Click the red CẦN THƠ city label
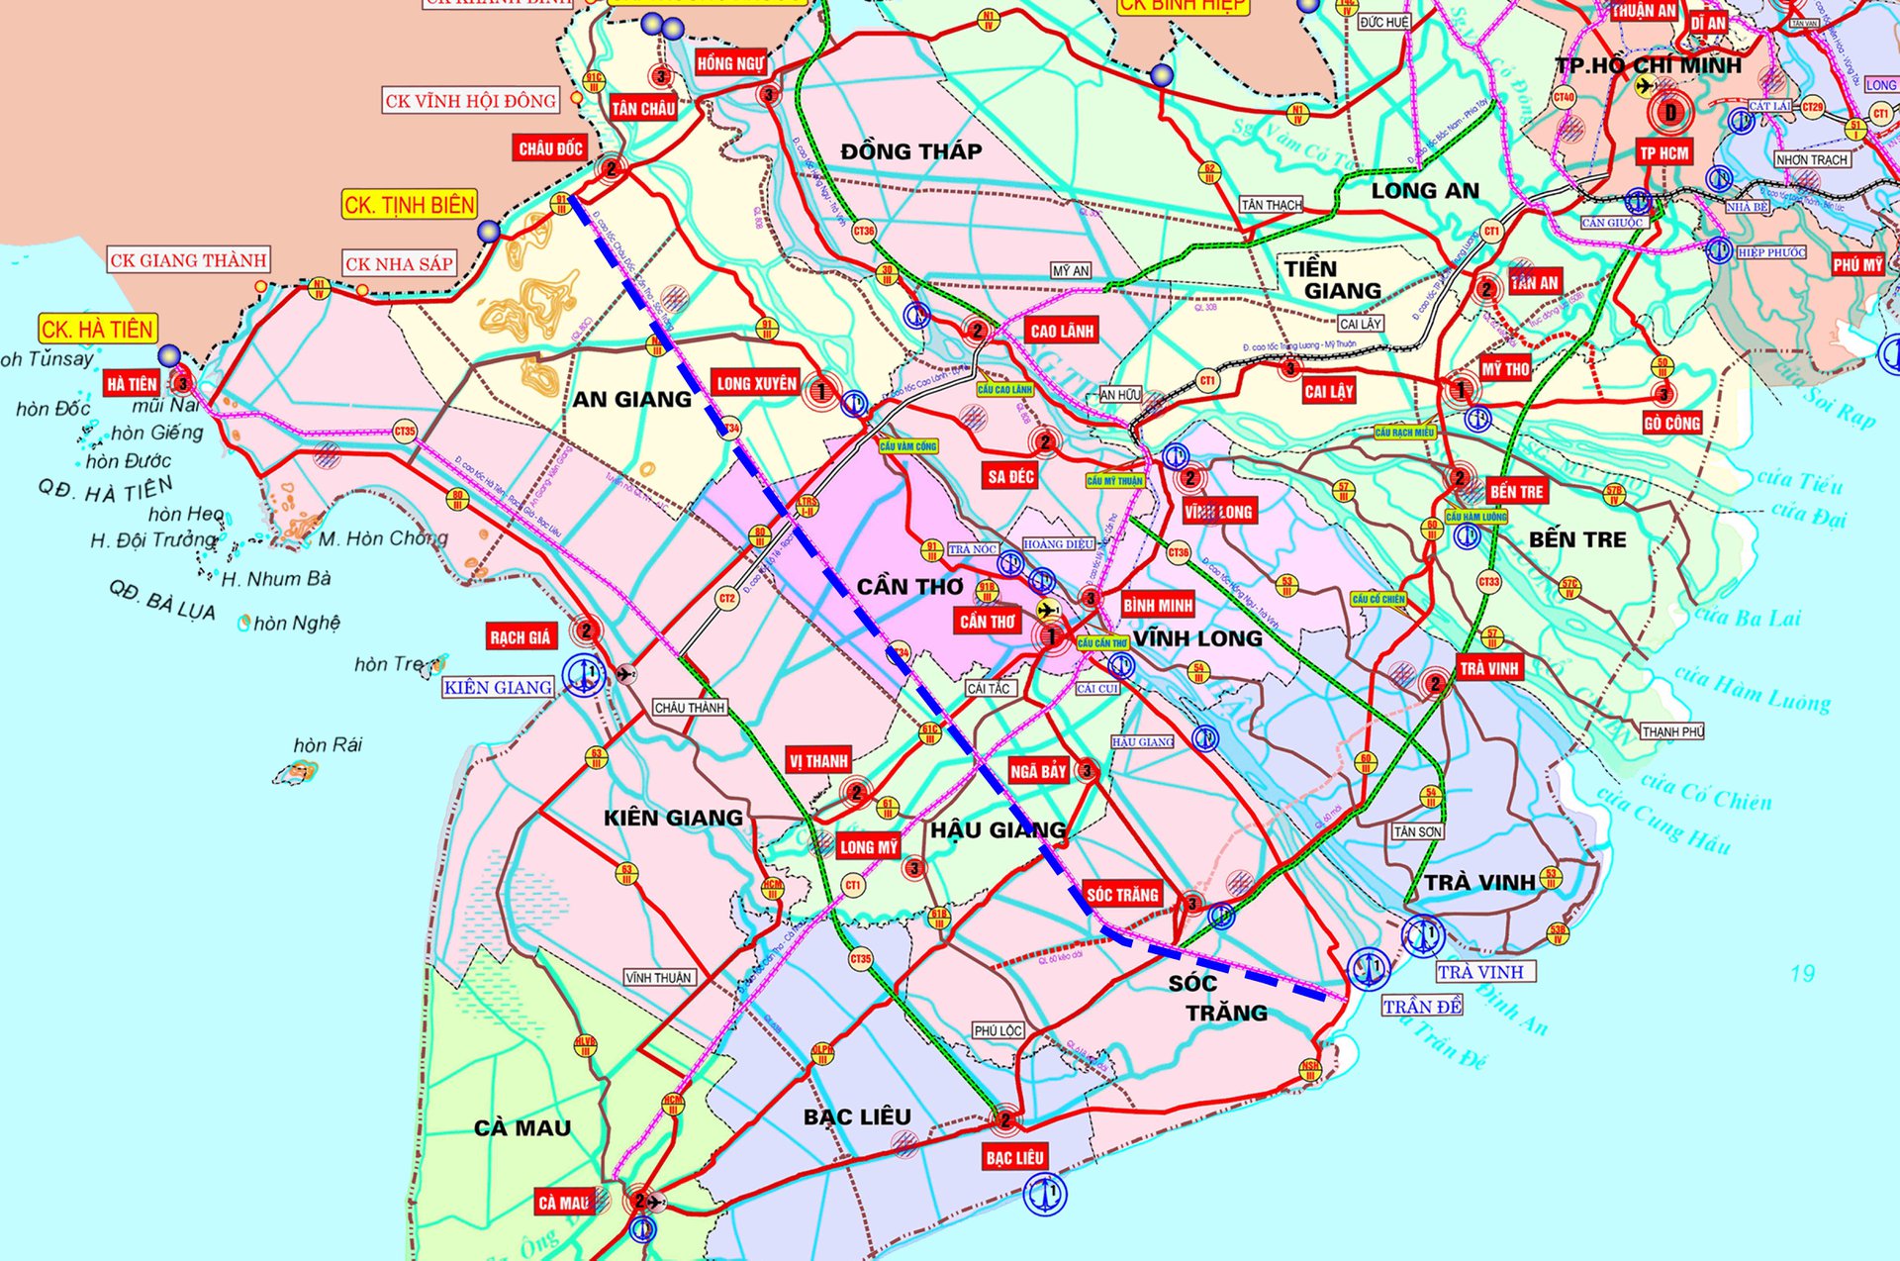click(988, 621)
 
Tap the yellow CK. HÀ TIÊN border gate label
click(97, 329)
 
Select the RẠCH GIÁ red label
click(520, 636)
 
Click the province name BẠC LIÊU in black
click(857, 1116)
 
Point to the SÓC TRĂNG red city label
click(1122, 895)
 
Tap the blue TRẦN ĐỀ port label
click(1422, 1007)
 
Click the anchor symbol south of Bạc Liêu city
click(1044, 1194)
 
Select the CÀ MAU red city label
click(564, 1203)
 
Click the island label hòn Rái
click(328, 744)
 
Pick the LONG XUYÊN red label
click(756, 383)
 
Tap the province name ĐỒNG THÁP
click(910, 151)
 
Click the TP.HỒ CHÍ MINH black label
click(1648, 65)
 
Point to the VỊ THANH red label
click(818, 761)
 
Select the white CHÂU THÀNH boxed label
click(690, 708)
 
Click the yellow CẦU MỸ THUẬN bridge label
click(1115, 480)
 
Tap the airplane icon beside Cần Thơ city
click(1047, 609)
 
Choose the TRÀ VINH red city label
click(1488, 668)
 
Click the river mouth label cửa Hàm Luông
click(1752, 689)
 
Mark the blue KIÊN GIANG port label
click(498, 687)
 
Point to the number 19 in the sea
click(1802, 973)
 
